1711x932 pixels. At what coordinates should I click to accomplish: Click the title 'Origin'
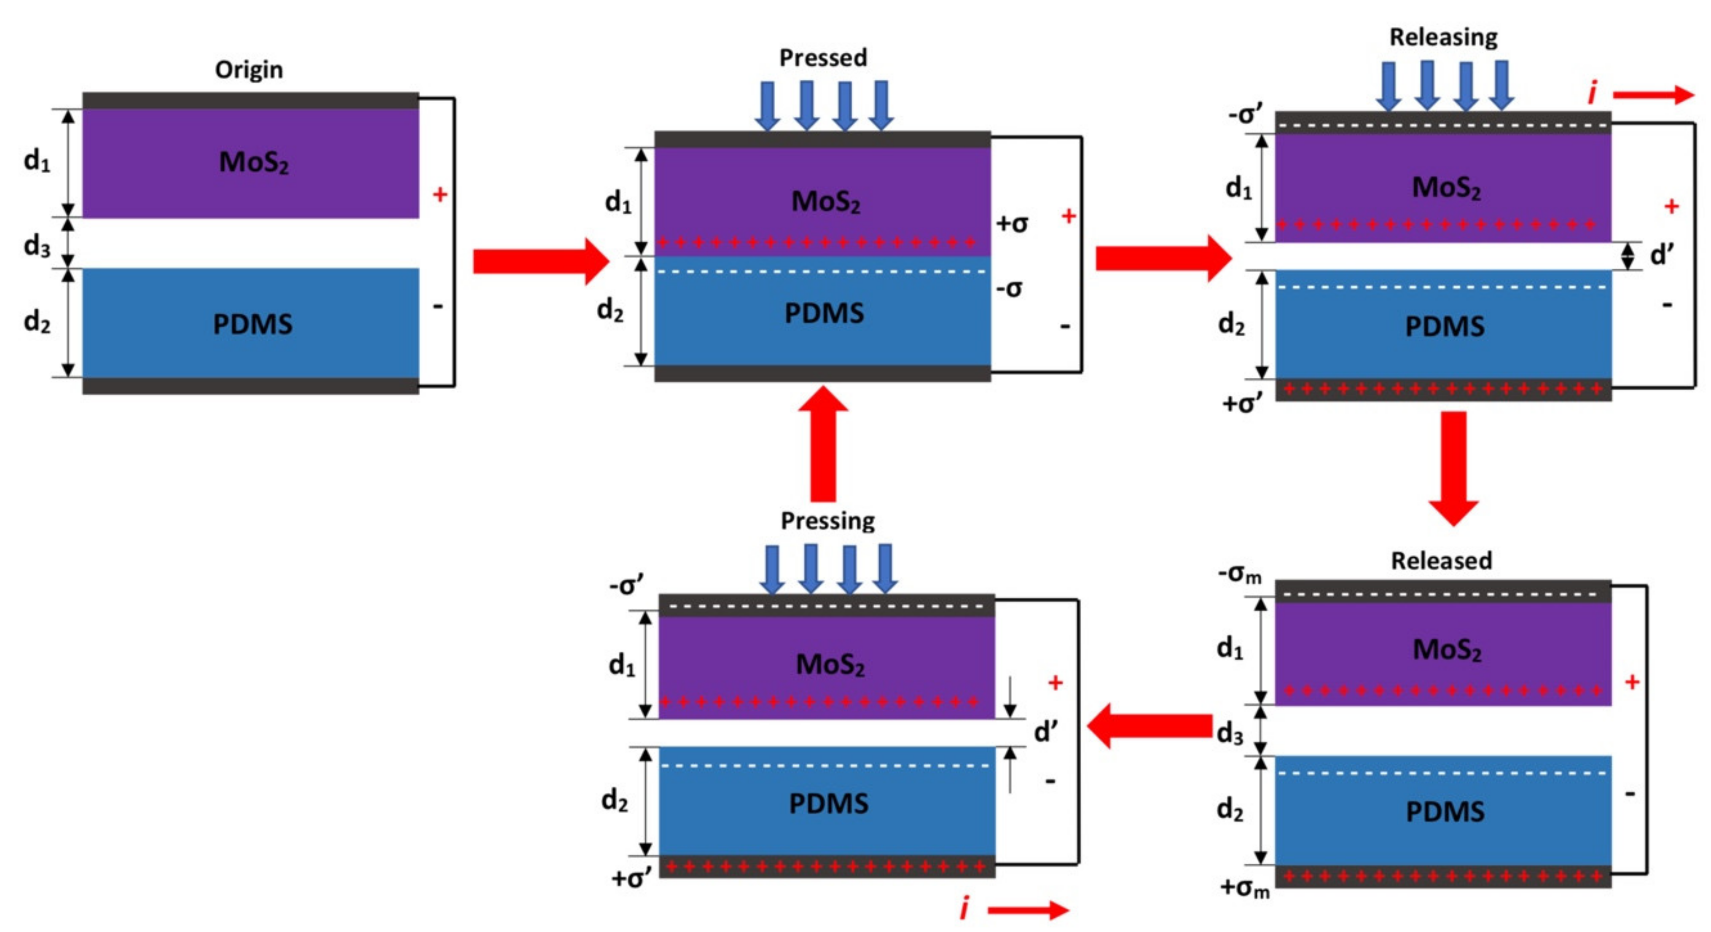click(x=248, y=70)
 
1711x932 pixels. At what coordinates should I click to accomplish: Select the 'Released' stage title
click(x=1441, y=561)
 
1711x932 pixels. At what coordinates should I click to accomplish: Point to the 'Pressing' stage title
click(x=827, y=521)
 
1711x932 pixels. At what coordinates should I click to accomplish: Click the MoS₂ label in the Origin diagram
click(x=254, y=162)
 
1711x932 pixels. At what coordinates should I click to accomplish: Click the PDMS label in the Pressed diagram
click(x=824, y=313)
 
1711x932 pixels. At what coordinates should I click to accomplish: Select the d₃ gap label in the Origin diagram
click(x=37, y=247)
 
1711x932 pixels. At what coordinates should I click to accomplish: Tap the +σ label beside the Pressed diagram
click(x=1012, y=224)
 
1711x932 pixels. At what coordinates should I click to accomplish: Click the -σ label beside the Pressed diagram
click(x=1009, y=288)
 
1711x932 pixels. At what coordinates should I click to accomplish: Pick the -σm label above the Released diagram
click(x=1239, y=574)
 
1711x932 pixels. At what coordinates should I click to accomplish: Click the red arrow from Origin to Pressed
click(x=540, y=262)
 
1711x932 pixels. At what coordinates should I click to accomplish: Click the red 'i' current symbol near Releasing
click(x=1592, y=94)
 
